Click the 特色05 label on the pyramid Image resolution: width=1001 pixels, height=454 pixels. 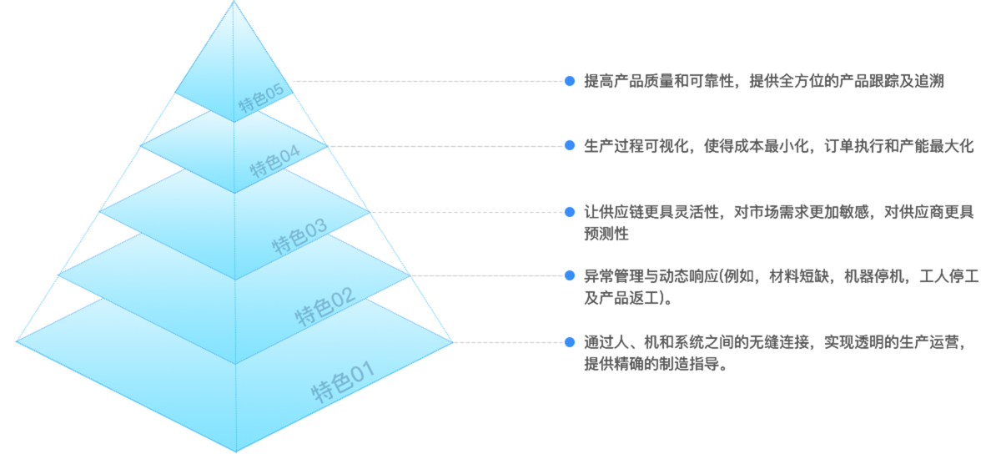[261, 98]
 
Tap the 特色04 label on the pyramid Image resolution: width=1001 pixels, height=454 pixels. [274, 161]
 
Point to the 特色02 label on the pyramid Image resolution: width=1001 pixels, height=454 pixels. [325, 306]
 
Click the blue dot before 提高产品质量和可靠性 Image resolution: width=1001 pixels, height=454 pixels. [570, 81]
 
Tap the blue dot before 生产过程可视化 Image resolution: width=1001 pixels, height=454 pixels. [570, 145]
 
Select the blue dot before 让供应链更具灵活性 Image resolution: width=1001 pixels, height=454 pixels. [570, 211]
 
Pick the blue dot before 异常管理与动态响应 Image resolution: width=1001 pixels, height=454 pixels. [570, 275]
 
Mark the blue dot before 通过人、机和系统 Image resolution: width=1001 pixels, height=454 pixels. [570, 341]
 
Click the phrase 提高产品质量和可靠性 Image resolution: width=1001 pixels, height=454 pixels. [659, 81]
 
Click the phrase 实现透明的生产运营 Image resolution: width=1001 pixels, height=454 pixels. [893, 341]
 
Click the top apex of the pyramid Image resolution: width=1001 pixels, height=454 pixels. [234, 3]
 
